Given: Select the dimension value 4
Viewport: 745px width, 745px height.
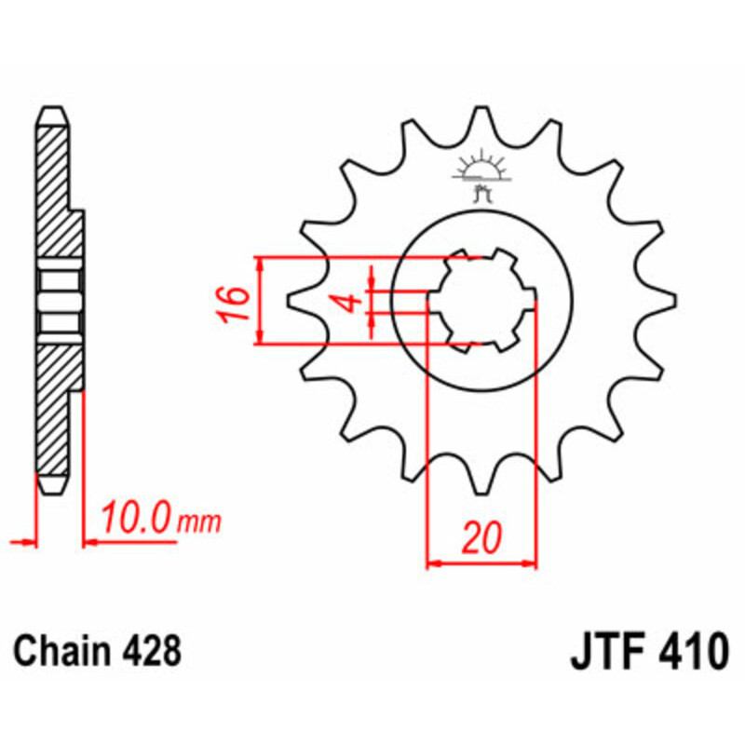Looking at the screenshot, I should click(347, 303).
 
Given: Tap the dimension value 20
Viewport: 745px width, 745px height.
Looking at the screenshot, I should click(481, 537).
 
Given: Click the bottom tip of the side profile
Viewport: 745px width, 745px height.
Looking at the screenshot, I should click(52, 486).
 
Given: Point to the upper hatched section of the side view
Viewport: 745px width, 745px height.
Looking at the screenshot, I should click(54, 186).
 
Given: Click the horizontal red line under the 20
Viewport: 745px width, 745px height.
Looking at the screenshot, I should click(481, 563).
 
